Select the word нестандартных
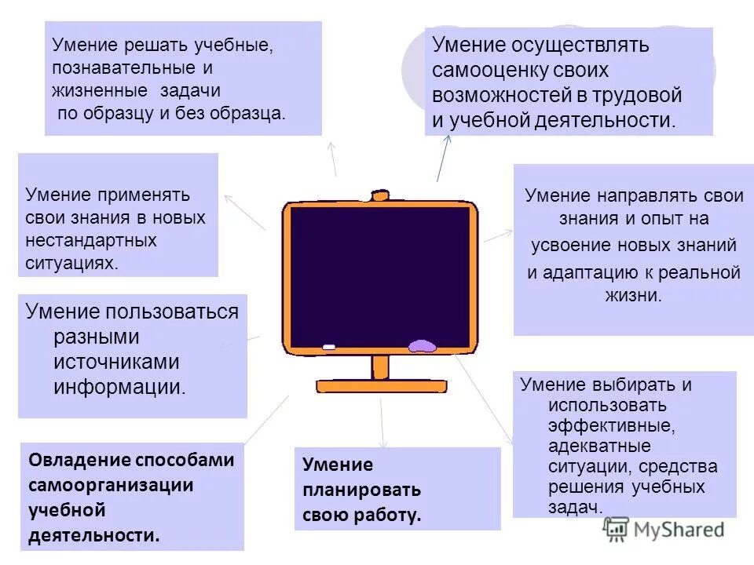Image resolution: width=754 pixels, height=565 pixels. tap(91, 239)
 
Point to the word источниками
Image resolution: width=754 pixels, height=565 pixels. tap(117, 362)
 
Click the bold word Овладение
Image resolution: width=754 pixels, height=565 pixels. tap(75, 460)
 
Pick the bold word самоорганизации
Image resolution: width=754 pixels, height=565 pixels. tap(111, 485)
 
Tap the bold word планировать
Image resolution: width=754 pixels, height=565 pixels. tap(362, 490)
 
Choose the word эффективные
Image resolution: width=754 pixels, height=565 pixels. tap(613, 426)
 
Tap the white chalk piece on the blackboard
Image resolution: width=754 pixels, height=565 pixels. tap(328, 346)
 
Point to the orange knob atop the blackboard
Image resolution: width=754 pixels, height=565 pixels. tap(380, 195)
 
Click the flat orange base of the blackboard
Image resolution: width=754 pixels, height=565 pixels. tap(381, 386)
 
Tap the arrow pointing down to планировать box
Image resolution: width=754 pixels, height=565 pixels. tap(382, 424)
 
